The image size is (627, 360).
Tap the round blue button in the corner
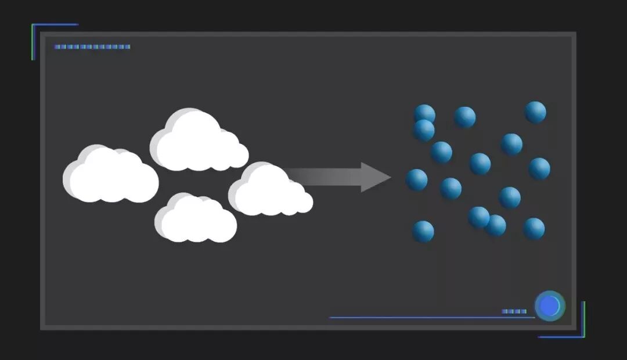pos(550,306)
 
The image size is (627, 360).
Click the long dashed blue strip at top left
pos(92,47)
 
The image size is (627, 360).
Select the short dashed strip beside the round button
pos(514,312)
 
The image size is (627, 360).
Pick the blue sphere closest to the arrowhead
pos(417,180)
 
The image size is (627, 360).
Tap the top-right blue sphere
pos(535,112)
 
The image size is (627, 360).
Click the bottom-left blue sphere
pos(423,232)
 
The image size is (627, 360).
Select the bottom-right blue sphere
pos(534,229)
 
